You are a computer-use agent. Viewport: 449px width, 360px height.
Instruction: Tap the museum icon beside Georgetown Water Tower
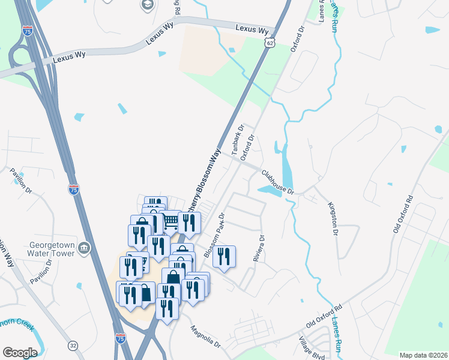[x=84, y=248]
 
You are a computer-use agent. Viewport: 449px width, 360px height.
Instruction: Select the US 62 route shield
[x=272, y=43]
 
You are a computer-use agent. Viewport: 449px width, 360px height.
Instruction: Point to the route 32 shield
[x=73, y=346]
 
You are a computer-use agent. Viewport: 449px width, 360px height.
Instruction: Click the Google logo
[x=20, y=352]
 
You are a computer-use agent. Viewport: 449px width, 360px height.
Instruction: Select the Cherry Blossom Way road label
[x=203, y=181]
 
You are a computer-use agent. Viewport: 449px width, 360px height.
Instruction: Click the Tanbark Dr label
[x=237, y=139]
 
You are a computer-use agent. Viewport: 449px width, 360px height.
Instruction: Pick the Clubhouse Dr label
[x=277, y=182]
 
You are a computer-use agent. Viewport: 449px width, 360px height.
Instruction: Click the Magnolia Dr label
[x=206, y=337]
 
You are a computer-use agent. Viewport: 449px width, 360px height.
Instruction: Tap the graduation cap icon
[x=146, y=5]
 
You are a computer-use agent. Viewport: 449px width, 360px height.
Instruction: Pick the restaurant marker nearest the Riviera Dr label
[x=224, y=257]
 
